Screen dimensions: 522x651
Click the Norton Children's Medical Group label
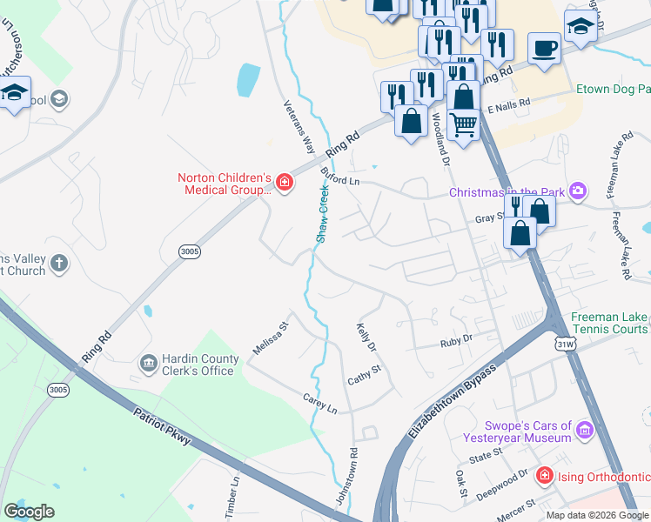(x=225, y=183)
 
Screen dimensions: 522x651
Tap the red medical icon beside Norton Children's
(x=285, y=182)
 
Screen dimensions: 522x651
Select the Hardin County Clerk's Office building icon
(x=148, y=361)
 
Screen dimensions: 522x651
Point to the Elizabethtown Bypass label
(x=452, y=401)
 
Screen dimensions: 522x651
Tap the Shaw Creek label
(x=322, y=217)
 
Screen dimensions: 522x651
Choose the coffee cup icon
(x=546, y=50)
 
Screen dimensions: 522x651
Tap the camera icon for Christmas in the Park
(x=577, y=191)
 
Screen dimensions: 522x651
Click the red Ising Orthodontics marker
(x=544, y=476)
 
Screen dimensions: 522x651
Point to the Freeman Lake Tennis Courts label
(x=609, y=324)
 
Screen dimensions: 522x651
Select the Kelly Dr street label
(x=366, y=338)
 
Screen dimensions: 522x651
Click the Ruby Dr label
(x=455, y=340)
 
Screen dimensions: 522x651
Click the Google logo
(x=29, y=512)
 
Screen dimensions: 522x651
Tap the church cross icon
(x=58, y=263)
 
